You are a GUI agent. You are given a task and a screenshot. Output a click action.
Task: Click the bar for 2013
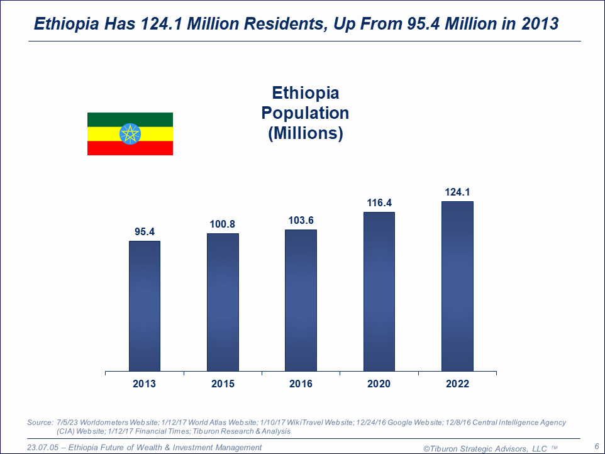(x=145, y=306)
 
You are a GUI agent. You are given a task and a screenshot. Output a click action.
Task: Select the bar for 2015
(x=223, y=302)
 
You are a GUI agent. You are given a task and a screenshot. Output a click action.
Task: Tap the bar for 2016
(x=301, y=300)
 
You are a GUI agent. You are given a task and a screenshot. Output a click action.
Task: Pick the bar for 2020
(x=379, y=291)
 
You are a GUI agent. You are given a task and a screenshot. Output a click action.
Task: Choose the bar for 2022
(x=457, y=286)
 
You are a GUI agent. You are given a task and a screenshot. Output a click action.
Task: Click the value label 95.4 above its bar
(x=145, y=231)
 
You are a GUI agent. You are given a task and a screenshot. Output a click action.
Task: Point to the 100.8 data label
(x=223, y=224)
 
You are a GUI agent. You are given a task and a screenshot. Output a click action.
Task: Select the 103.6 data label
(x=301, y=220)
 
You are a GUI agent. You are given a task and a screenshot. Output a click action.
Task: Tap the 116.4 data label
(x=379, y=202)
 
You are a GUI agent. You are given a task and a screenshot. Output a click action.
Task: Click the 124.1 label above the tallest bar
(x=457, y=192)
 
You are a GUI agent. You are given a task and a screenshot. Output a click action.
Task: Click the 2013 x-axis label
(x=145, y=384)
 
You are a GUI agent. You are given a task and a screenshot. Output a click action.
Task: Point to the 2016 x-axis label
(x=301, y=384)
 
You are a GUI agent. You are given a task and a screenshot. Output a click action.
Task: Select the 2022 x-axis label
(x=457, y=384)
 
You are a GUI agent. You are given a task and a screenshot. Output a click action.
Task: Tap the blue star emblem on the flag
(x=130, y=134)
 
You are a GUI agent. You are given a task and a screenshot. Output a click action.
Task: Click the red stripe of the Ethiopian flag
(x=130, y=149)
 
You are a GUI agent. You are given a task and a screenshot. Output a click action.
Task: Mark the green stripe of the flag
(x=130, y=118)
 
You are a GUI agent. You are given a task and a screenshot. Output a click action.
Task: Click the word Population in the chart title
(x=305, y=113)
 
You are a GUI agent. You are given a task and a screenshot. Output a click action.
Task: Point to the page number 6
(x=596, y=446)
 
